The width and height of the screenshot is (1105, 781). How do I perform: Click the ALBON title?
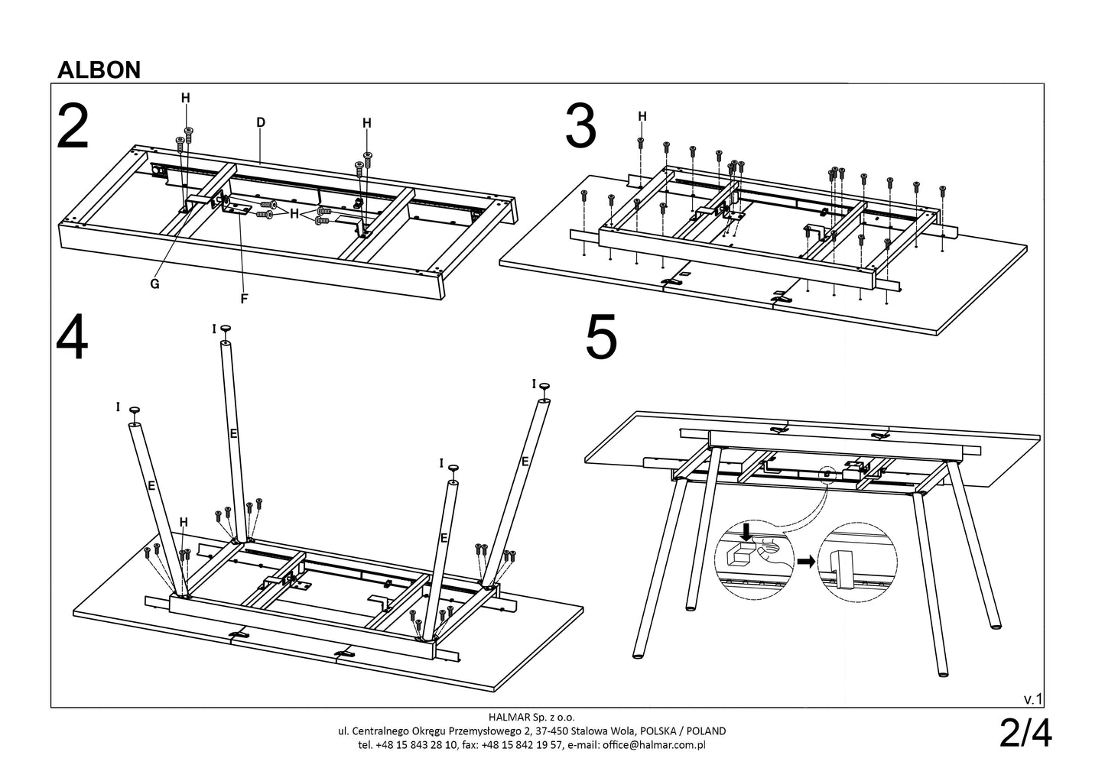(99, 70)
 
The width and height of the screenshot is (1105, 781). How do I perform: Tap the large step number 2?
(73, 128)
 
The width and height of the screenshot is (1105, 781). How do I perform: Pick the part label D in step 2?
(261, 122)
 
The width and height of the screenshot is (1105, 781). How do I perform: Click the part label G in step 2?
(154, 284)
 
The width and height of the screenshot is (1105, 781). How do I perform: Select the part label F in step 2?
(244, 299)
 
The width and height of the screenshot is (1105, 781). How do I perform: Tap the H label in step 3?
(642, 116)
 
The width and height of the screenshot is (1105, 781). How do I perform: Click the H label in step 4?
(184, 522)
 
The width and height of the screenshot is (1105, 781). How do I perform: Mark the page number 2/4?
(1025, 734)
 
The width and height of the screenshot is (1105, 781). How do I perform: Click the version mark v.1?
(1032, 698)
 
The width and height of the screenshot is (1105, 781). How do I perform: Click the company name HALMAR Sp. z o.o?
(530, 717)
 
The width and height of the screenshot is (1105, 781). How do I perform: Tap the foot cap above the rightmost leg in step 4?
(544, 385)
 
